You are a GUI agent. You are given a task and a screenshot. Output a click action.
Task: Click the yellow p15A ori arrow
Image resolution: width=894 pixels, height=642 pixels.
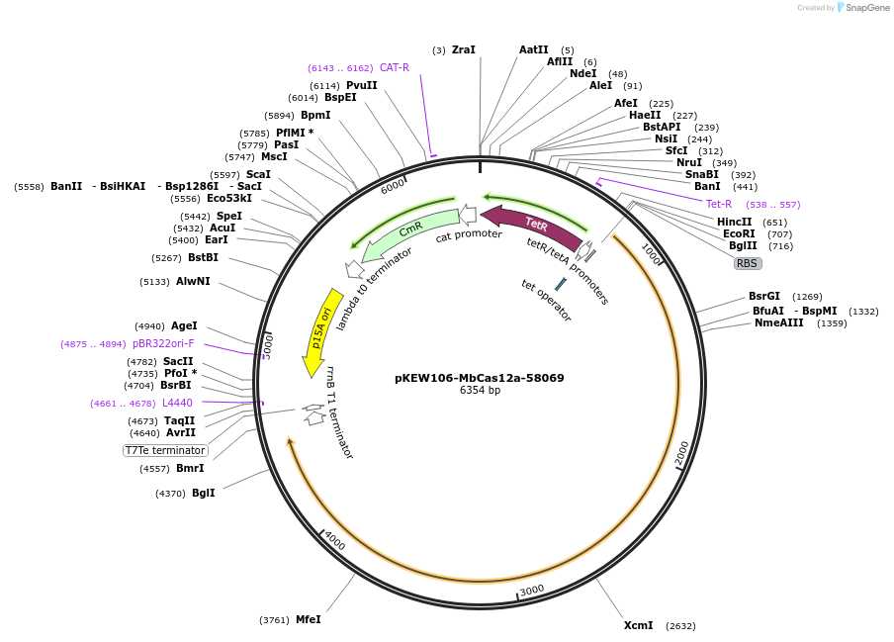321,332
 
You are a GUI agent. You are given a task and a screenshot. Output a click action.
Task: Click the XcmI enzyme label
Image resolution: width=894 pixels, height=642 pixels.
638,625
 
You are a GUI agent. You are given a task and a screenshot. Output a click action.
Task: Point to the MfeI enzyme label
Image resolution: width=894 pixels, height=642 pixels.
308,619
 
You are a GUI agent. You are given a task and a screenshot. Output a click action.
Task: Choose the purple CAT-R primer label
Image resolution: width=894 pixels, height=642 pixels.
394,67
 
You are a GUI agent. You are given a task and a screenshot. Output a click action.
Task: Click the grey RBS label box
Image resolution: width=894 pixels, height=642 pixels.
747,263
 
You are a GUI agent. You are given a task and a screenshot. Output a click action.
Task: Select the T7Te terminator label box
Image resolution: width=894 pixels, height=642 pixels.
165,450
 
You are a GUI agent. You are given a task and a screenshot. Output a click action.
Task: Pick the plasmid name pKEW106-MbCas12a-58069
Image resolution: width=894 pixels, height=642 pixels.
480,378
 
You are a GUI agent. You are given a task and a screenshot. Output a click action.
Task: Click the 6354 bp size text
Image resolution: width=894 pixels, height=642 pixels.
480,391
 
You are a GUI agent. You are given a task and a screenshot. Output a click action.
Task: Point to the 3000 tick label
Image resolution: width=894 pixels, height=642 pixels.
532,590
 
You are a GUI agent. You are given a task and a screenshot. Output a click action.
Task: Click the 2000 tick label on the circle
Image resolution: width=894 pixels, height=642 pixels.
681,453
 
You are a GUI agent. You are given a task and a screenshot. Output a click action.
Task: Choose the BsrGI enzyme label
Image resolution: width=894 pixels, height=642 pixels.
763,296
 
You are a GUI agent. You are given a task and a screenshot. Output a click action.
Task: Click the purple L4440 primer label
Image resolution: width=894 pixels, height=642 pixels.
177,403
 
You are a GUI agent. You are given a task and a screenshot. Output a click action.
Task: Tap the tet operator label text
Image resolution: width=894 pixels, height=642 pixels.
546,299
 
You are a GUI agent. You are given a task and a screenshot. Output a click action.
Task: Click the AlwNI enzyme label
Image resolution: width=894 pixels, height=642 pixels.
193,281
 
